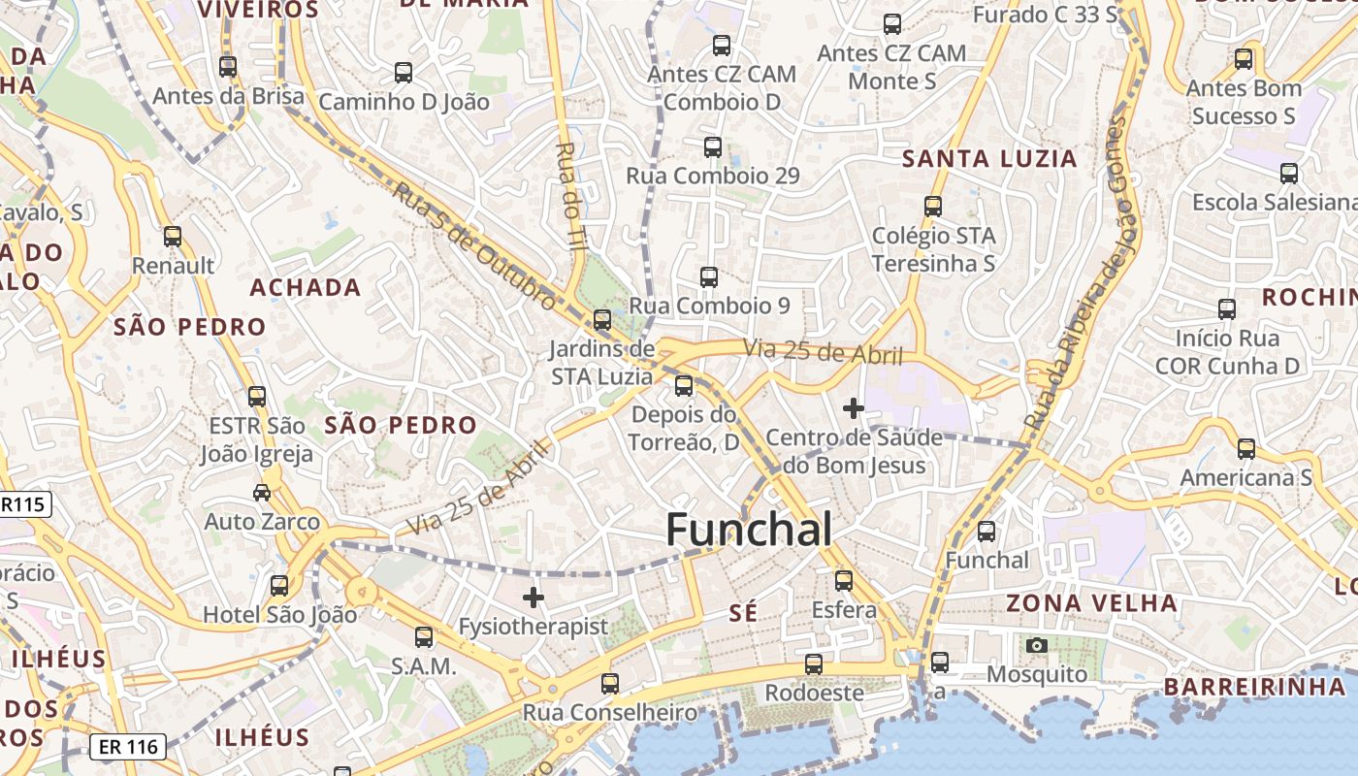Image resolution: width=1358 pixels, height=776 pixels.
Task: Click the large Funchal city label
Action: click(x=749, y=530)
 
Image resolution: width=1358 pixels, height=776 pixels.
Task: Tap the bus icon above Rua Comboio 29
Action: click(x=713, y=147)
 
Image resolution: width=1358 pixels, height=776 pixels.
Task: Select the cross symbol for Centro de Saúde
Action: click(x=854, y=409)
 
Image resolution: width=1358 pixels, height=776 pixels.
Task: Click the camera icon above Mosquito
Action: click(x=1037, y=645)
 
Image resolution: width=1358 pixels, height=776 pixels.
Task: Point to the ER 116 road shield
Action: click(x=128, y=747)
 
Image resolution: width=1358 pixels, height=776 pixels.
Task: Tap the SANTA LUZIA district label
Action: click(x=989, y=159)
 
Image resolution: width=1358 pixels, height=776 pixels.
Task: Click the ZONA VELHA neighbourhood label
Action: click(x=1091, y=603)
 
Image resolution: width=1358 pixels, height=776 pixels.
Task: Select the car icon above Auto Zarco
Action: click(x=262, y=493)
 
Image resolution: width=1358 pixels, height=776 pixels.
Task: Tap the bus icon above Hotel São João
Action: click(x=279, y=586)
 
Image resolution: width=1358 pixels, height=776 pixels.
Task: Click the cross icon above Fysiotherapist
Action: click(x=533, y=598)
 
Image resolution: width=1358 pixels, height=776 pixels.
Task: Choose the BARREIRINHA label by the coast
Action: click(x=1254, y=687)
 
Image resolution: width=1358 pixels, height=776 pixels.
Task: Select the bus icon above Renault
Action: click(x=173, y=237)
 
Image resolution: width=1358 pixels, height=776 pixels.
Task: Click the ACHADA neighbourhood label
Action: click(x=306, y=288)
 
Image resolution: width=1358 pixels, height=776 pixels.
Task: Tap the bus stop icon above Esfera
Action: click(x=844, y=581)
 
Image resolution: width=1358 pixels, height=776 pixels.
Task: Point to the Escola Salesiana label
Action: click(x=1274, y=203)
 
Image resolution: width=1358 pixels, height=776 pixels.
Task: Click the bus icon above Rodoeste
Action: click(x=814, y=664)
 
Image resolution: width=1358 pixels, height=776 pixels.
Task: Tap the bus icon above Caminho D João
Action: click(x=404, y=73)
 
